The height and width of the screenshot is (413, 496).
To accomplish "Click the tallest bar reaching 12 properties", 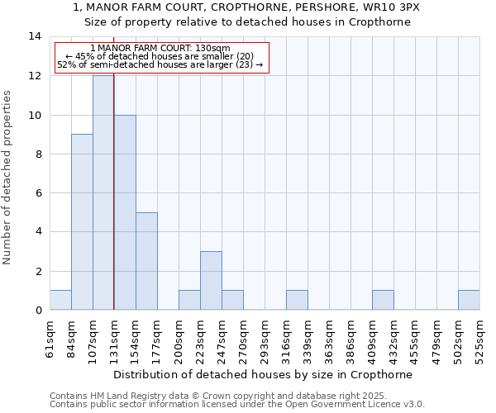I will tap(103, 192).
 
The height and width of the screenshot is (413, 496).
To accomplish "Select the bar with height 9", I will tap(82, 222).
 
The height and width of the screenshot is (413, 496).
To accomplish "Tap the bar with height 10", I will tap(125, 212).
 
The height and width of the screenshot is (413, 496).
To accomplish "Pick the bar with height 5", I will tap(146, 261).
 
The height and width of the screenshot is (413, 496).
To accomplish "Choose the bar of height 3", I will tap(211, 281).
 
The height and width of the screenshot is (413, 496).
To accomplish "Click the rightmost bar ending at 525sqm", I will tap(469, 301).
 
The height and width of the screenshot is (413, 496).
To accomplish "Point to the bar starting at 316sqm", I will tap(297, 301).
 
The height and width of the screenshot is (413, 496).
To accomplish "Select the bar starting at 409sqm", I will tap(383, 301).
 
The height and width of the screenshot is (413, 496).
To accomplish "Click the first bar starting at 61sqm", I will tap(60, 301).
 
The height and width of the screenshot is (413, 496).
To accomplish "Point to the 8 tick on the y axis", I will tap(37, 154).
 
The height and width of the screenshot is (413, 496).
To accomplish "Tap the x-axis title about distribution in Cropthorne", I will tap(263, 374).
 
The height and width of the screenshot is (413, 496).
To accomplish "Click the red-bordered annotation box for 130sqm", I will tap(161, 58).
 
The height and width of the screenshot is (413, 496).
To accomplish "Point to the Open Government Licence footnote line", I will tap(237, 405).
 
